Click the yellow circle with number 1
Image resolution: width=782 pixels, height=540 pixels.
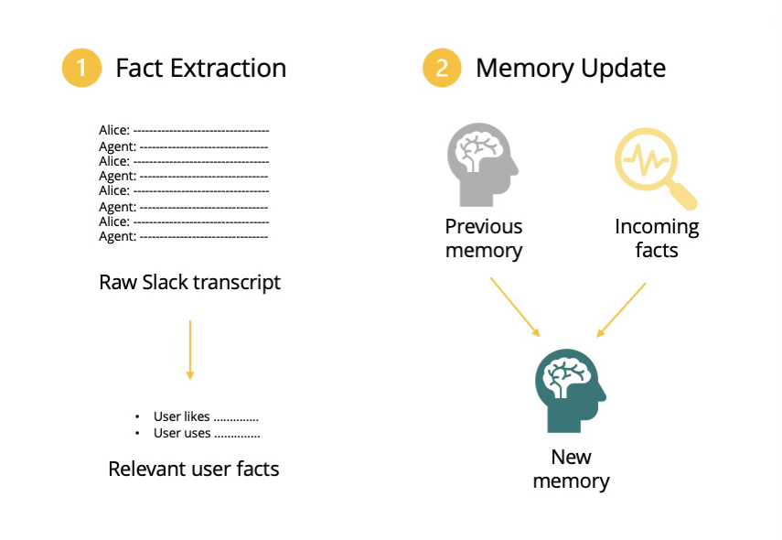pos(81,69)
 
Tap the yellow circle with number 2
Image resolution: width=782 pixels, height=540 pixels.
pos(442,69)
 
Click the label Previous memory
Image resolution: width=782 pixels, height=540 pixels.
pos(484,238)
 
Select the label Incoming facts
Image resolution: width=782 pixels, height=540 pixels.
pos(657,238)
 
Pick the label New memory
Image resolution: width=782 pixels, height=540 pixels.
pos(571,469)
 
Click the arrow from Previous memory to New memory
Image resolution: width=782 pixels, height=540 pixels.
pos(515,306)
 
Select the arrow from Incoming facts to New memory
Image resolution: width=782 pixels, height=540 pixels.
pos(622,308)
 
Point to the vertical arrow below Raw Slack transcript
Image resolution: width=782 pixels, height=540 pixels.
pos(189,350)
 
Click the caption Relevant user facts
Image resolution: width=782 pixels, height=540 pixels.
pos(193,470)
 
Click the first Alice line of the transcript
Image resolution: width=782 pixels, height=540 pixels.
pos(184,131)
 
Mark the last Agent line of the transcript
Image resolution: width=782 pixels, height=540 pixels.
pos(183,237)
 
